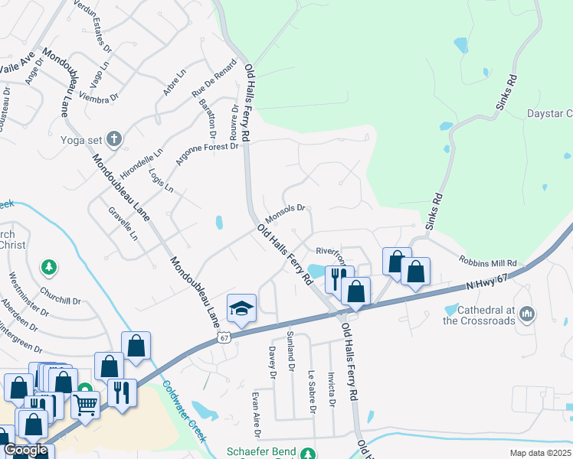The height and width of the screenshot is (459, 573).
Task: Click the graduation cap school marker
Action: pyautogui.click(x=241, y=309)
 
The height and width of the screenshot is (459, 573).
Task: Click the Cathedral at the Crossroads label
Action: pyautogui.click(x=480, y=315)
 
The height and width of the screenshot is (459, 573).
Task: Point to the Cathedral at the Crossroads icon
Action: pyautogui.click(x=526, y=314)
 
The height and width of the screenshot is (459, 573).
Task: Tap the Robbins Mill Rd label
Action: pyautogui.click(x=488, y=261)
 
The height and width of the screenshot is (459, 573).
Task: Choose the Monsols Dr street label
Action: pyautogui.click(x=286, y=210)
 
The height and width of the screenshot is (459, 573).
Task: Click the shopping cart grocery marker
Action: pyautogui.click(x=85, y=403)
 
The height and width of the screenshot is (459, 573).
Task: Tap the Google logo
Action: pyautogui.click(x=25, y=451)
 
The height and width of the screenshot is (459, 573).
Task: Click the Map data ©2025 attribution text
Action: pyautogui.click(x=541, y=454)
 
